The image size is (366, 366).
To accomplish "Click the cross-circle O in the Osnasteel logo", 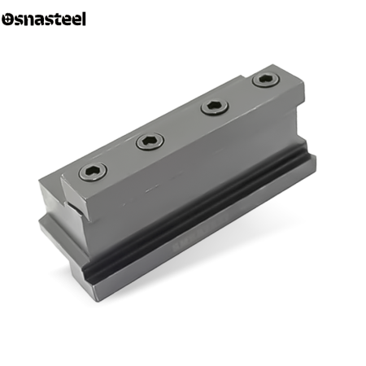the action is coord(7,20).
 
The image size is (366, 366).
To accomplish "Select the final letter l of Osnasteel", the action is coord(84,19).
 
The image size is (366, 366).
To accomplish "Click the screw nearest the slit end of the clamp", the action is coord(93,172).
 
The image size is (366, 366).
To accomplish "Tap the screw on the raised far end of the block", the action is coord(266,80).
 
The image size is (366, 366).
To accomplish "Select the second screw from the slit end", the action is coord(150,142).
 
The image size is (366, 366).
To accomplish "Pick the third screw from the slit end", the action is coord(215,107).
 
